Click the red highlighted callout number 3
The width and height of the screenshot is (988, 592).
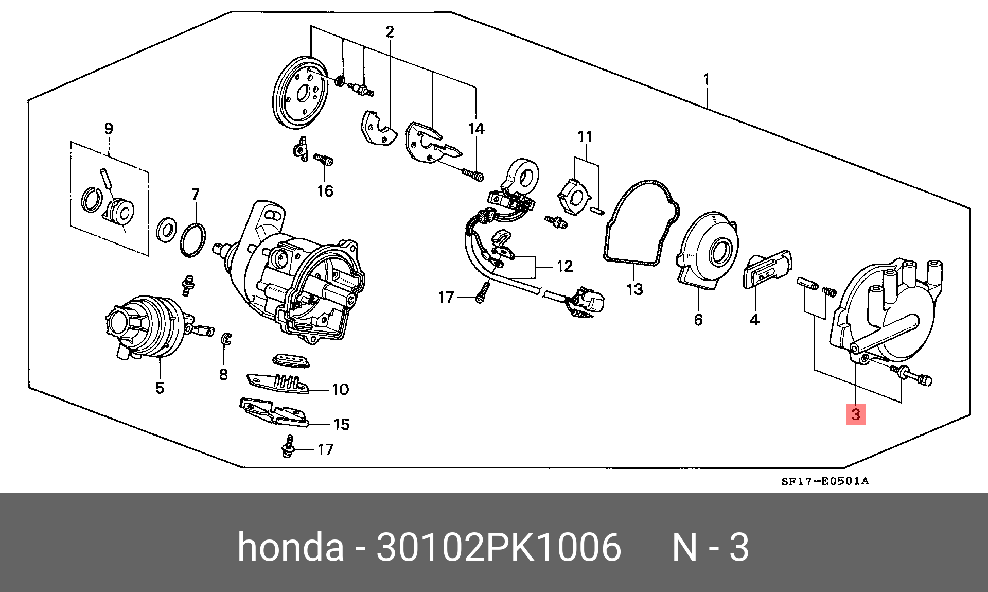pyautogui.click(x=856, y=414)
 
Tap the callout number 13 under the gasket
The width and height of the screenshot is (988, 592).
pyautogui.click(x=634, y=289)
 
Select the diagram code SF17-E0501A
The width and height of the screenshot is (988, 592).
pyautogui.click(x=825, y=481)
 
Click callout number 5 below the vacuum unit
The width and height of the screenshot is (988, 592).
pyautogui.click(x=160, y=388)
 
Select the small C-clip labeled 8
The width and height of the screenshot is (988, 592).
pyautogui.click(x=226, y=339)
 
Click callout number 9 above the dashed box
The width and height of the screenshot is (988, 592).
pyautogui.click(x=109, y=129)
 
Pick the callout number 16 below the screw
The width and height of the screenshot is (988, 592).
pyautogui.click(x=325, y=191)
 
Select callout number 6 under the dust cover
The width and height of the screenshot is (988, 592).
pyautogui.click(x=698, y=320)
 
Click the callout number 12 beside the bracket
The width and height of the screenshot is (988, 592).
pyautogui.click(x=564, y=266)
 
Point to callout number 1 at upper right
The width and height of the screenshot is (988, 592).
pyautogui.click(x=707, y=79)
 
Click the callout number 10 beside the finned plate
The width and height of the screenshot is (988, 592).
pyautogui.click(x=341, y=389)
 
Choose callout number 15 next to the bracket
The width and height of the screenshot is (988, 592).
pyautogui.click(x=341, y=424)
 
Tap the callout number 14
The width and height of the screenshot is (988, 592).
pyautogui.click(x=476, y=129)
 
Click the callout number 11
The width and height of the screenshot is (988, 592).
pyautogui.click(x=585, y=137)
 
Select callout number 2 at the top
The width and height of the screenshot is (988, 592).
pyautogui.click(x=390, y=32)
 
